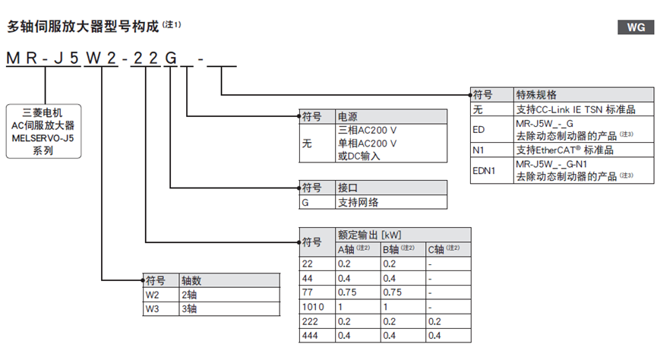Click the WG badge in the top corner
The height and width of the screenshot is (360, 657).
tap(636, 28)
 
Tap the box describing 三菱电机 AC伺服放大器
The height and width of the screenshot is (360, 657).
tap(43, 131)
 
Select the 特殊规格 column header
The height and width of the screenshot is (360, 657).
tap(532, 96)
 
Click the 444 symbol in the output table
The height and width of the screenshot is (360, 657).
tap(310, 334)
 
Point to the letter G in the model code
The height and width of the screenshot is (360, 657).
tap(172, 57)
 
